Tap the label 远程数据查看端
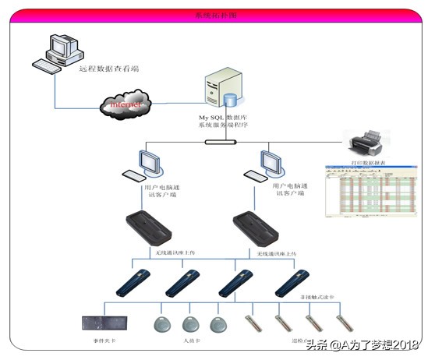pyautogui.click(x=109, y=69)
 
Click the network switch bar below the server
pyautogui.click(x=220, y=142)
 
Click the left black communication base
pyautogui.click(x=149, y=228)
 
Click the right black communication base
pyautogui.click(x=258, y=228)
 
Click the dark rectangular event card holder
pyautogui.click(x=103, y=323)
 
